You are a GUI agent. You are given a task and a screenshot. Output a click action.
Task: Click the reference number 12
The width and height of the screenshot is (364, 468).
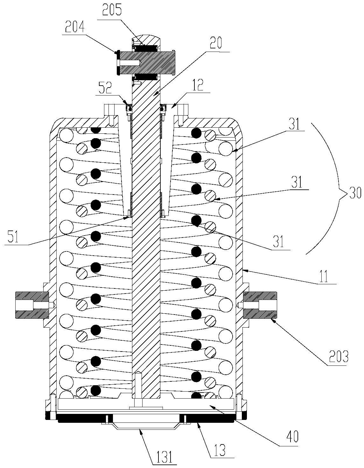[199, 85]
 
